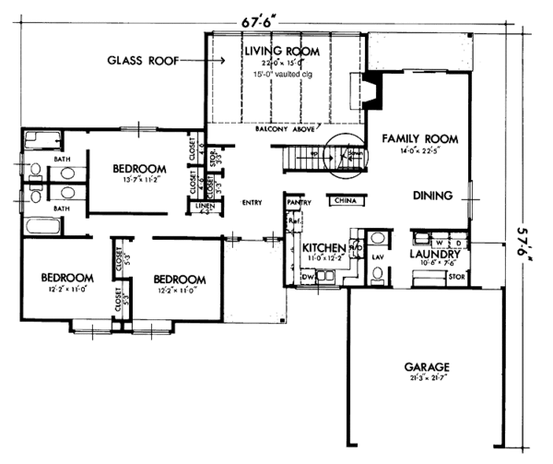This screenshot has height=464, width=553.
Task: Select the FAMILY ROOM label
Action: [419, 138]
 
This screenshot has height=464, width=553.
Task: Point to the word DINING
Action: [432, 196]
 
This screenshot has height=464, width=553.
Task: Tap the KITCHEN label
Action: [324, 249]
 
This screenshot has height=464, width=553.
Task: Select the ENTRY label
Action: [251, 202]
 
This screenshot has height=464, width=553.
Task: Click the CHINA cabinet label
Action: [347, 199]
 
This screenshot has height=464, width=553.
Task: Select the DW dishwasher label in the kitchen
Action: [310, 275]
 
